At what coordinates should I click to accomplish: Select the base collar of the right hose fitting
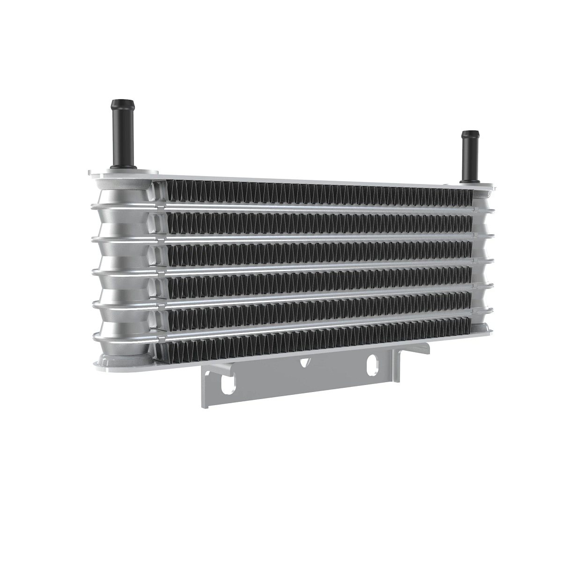click(469, 180)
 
